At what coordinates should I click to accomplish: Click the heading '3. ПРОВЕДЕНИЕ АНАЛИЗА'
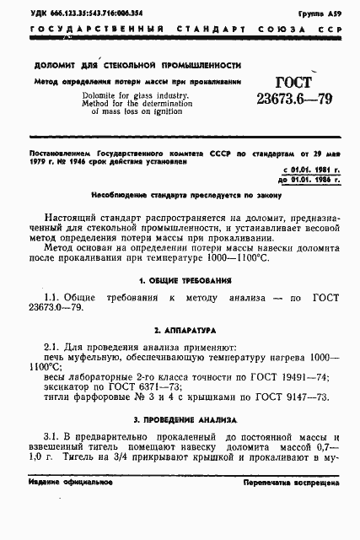pos(180,418)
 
